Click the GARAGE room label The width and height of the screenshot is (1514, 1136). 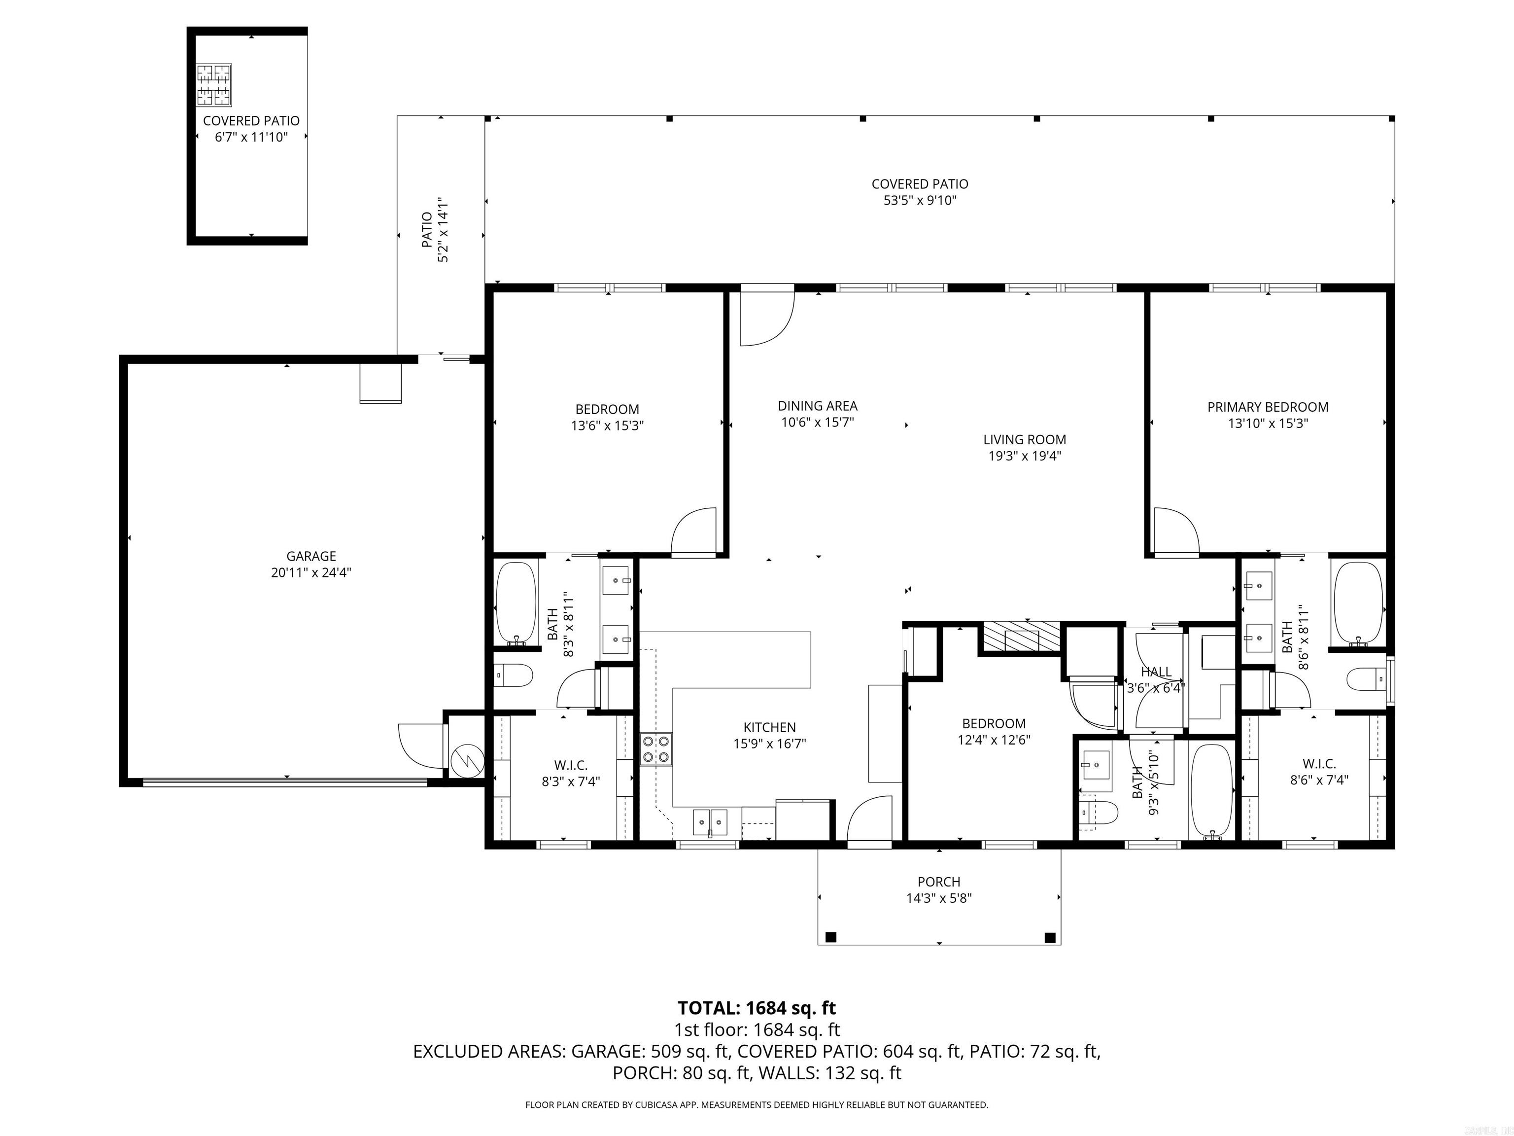coord(311,556)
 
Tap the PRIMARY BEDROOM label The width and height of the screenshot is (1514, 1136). coord(1268,407)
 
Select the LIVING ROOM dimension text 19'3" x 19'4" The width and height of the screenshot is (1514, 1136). coord(1024,456)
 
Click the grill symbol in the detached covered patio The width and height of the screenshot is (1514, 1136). coord(213,85)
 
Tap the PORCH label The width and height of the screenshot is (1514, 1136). coord(938,882)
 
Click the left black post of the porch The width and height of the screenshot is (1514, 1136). coord(831,937)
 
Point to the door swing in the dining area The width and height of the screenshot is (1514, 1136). coord(766,319)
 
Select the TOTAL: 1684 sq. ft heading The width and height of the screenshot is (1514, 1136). coord(757,1008)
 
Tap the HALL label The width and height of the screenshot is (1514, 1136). coord(1156,672)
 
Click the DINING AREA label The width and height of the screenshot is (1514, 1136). coord(817,406)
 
